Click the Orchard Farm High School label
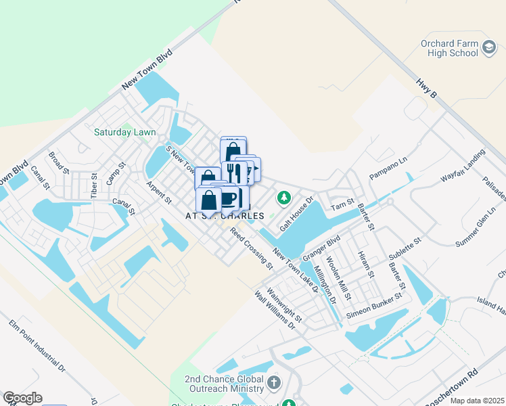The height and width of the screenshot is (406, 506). tap(448, 48)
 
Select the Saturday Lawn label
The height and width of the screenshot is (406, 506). tap(125, 132)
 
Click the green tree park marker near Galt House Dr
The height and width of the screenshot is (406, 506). tap(285, 198)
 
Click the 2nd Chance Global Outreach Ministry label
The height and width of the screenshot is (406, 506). tap(224, 384)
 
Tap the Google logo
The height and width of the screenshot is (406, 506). tap(22, 398)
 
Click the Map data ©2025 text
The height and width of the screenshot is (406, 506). tap(477, 401)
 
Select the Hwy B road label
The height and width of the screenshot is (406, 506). tap(428, 89)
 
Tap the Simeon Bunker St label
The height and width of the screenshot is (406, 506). tap(375, 306)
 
